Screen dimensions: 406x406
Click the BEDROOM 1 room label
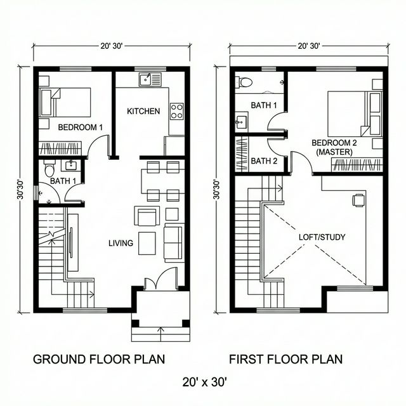(x=80, y=128)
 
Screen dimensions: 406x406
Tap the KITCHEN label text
(x=143, y=111)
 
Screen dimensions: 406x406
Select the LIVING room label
(x=121, y=243)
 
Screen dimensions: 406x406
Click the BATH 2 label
(x=264, y=161)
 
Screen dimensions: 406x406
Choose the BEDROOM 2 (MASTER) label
(x=334, y=148)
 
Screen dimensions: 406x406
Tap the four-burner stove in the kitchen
(x=176, y=111)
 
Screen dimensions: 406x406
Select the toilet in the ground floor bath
(x=49, y=169)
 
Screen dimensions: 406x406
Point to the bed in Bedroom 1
(x=65, y=101)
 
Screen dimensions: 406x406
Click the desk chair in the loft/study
(x=358, y=200)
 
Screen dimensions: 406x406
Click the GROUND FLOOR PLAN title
(x=99, y=359)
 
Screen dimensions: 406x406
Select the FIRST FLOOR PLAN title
(x=285, y=359)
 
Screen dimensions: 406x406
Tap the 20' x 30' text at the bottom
(x=204, y=382)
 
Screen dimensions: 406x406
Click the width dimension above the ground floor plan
(x=112, y=46)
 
